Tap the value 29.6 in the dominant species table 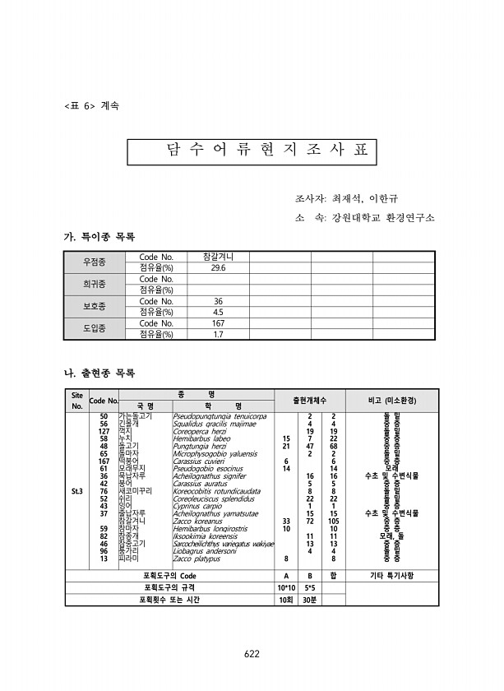click(x=218, y=268)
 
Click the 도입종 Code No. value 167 click(x=218, y=323)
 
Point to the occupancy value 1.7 click(x=218, y=334)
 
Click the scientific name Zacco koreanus click(x=199, y=521)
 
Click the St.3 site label click(x=76, y=491)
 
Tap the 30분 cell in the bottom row click(x=310, y=600)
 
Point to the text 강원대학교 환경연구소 click(x=382, y=218)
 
